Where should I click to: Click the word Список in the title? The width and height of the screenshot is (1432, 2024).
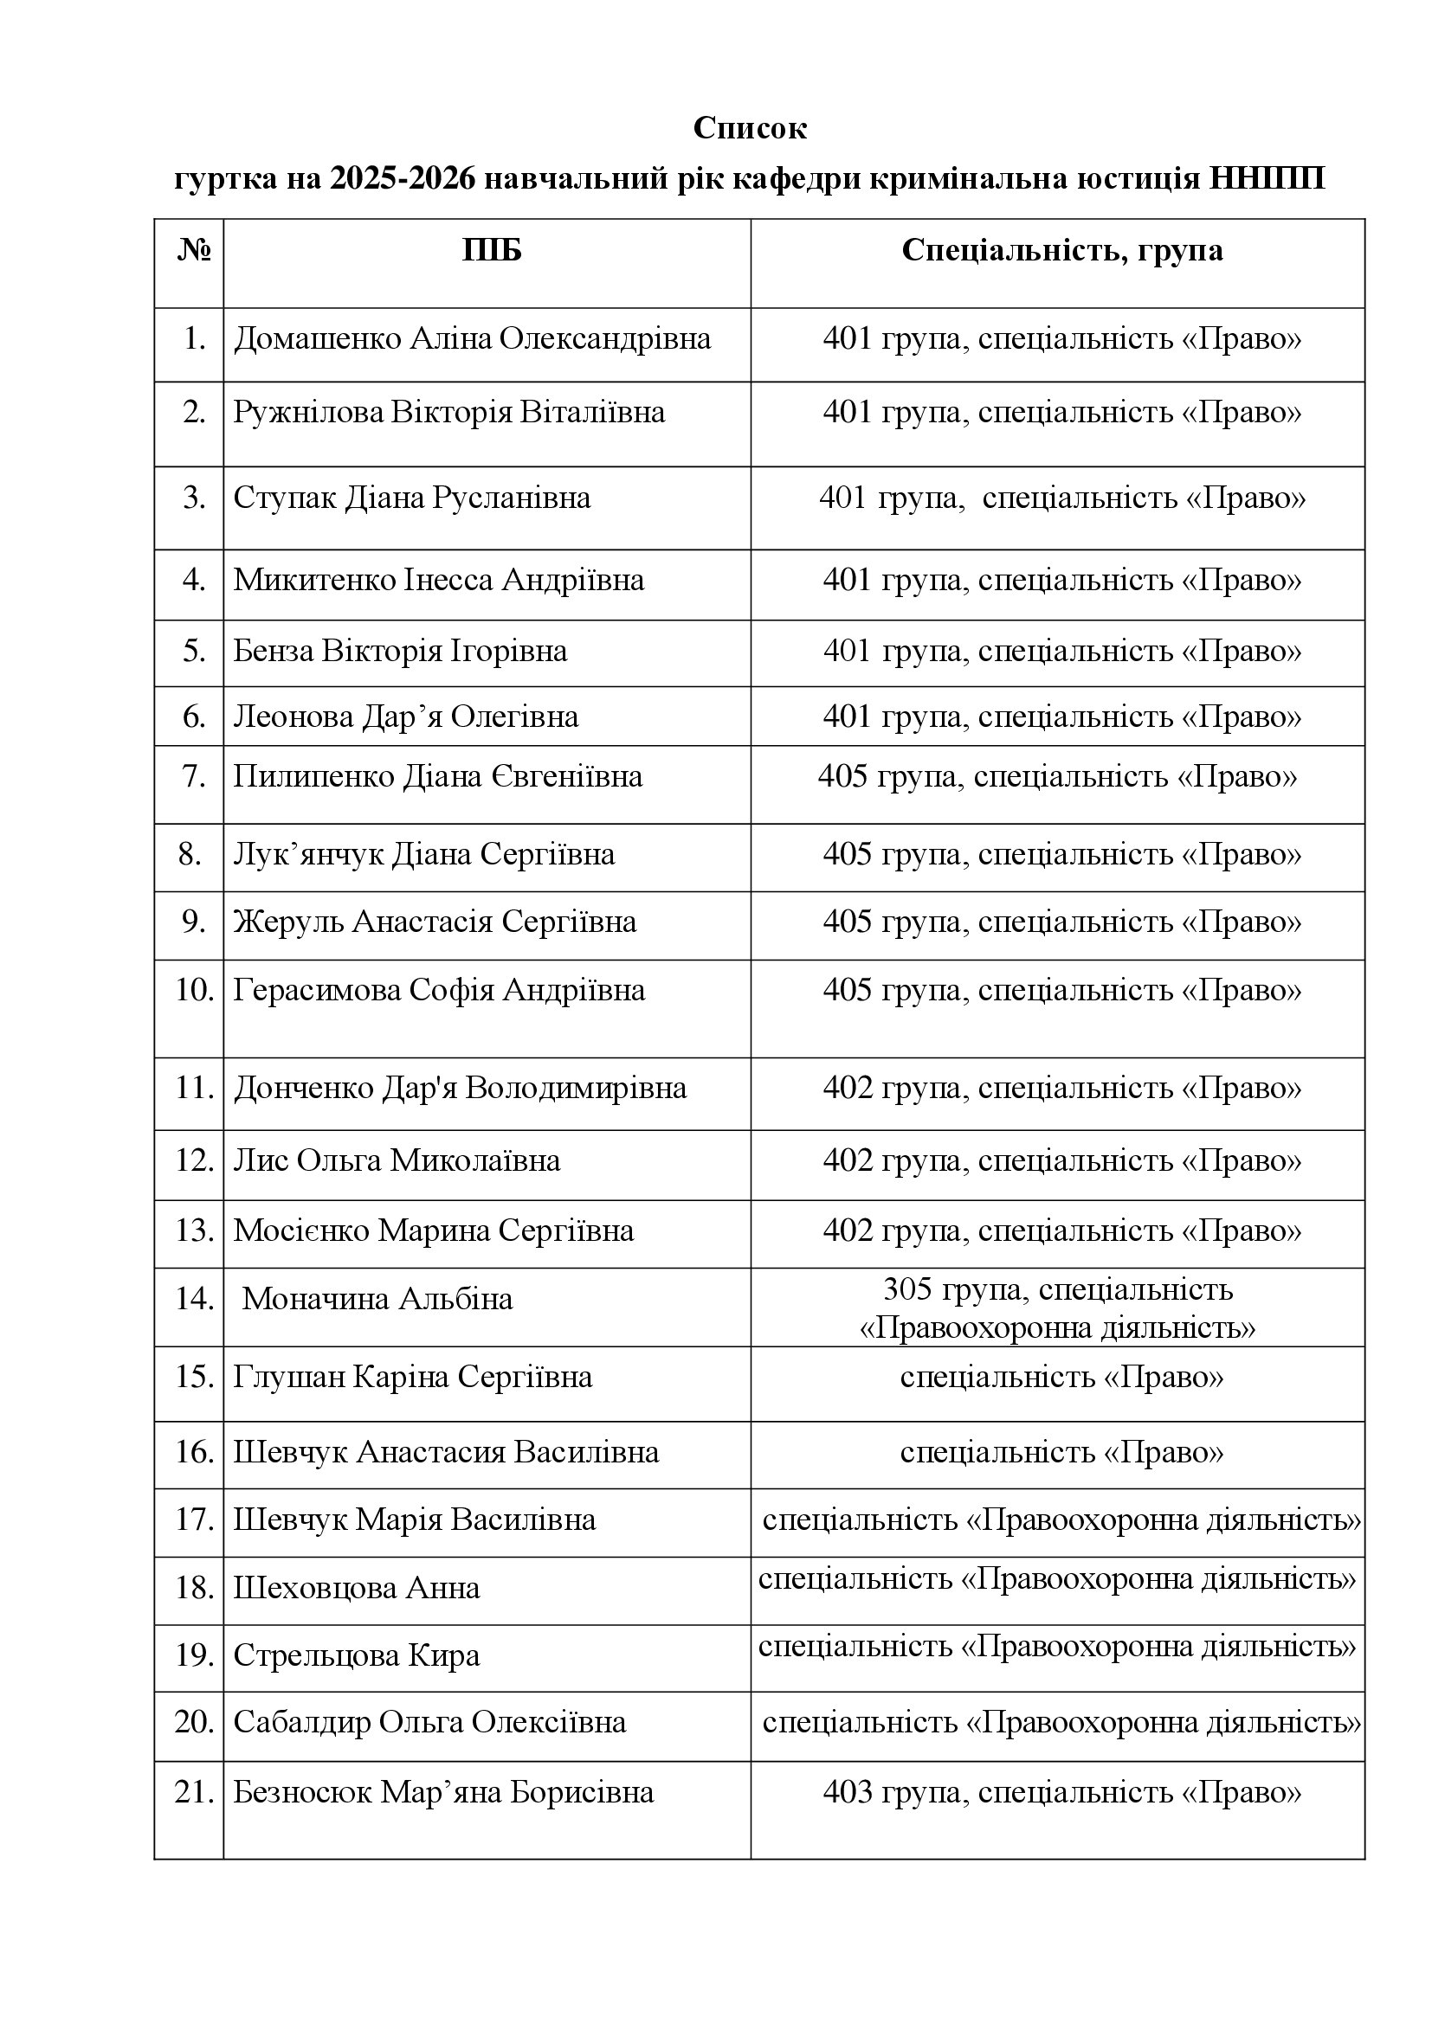[x=750, y=129]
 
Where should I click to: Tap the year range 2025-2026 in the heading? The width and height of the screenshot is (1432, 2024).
[x=403, y=180]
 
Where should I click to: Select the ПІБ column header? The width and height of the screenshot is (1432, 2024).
[x=491, y=252]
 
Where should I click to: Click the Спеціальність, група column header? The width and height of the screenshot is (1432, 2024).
[x=1061, y=251]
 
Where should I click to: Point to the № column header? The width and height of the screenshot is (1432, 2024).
[x=194, y=252]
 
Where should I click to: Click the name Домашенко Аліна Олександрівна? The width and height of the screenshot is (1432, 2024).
[x=472, y=339]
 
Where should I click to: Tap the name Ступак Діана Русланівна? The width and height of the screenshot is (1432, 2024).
[x=412, y=498]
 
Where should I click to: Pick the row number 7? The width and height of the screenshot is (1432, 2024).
[x=193, y=776]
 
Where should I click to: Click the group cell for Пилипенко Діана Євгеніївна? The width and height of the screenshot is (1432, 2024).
[x=1057, y=776]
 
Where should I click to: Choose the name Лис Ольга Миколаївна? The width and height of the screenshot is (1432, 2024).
[x=397, y=1160]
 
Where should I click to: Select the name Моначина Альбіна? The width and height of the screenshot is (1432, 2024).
[x=377, y=1299]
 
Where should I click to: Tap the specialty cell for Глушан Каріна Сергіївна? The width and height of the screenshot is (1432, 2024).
[x=1061, y=1377]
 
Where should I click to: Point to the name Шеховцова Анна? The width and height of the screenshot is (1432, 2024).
[x=356, y=1589]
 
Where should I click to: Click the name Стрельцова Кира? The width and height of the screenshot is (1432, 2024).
[x=356, y=1655]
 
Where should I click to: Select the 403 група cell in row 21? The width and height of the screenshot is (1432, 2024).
[x=1061, y=1793]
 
